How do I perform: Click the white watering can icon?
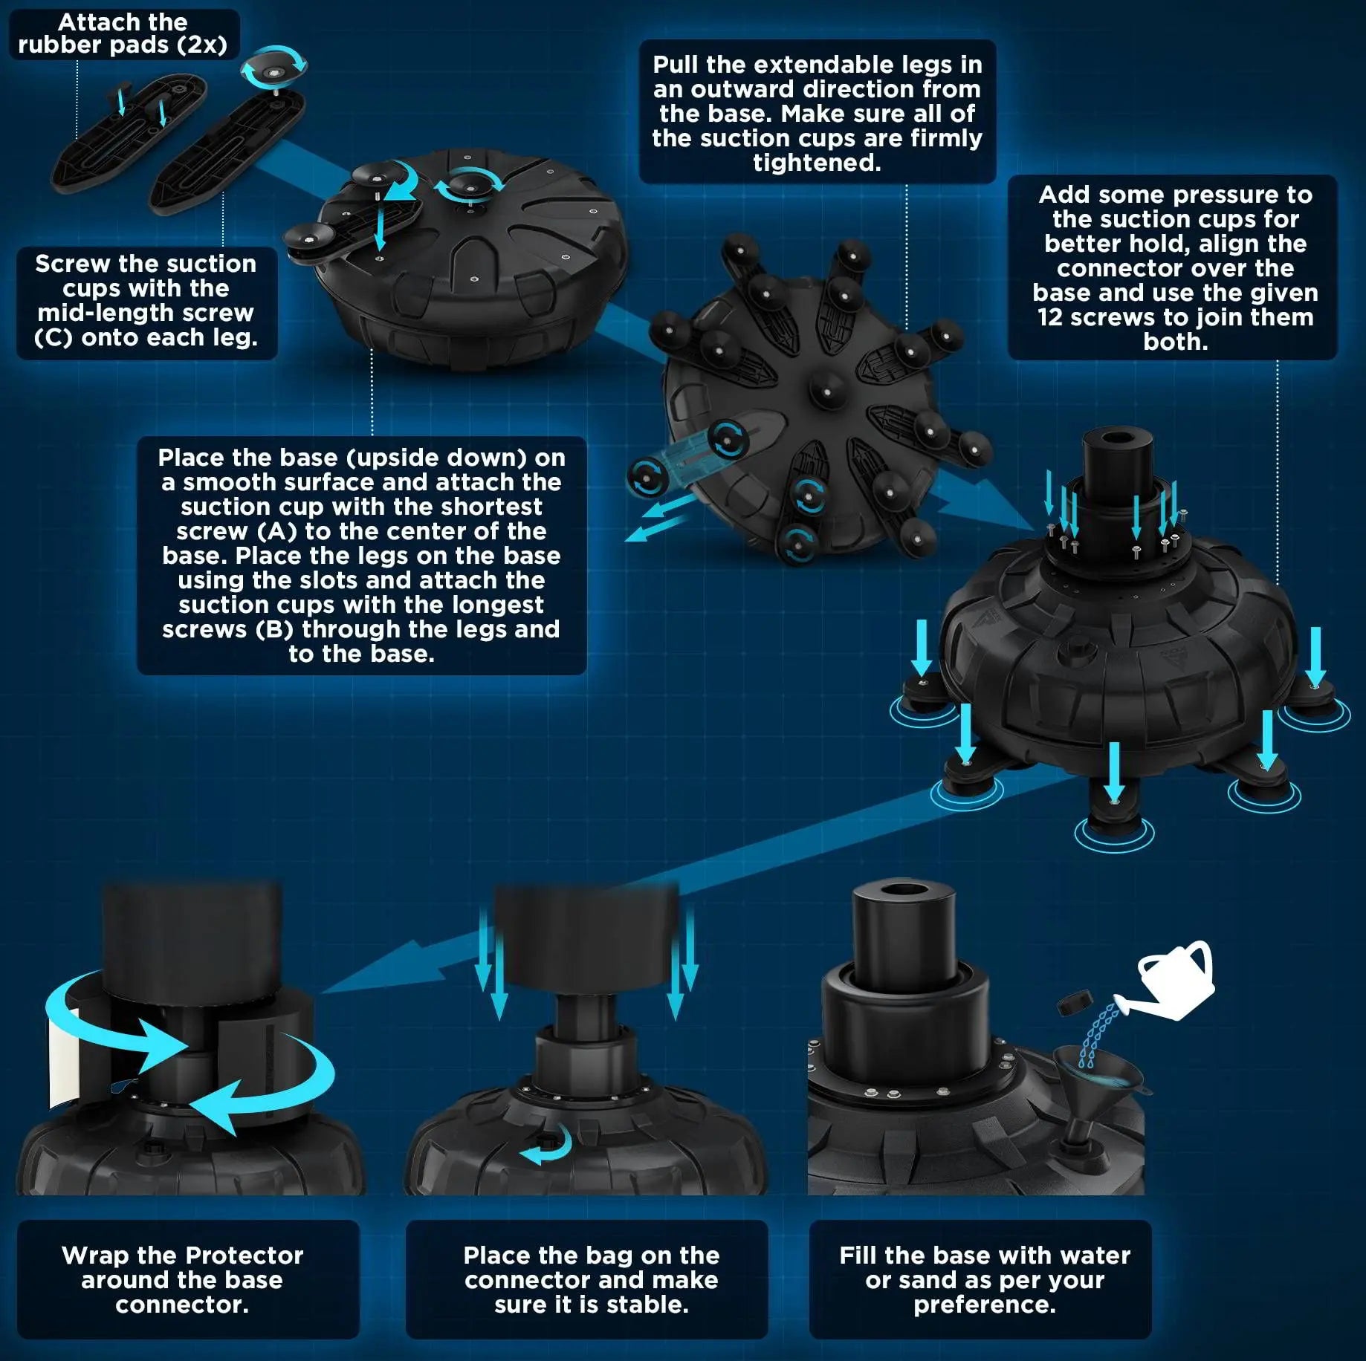click(1174, 981)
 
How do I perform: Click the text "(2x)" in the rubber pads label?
click(201, 45)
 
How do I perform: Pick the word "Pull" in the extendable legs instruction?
click(676, 65)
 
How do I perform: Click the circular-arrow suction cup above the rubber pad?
click(273, 67)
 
